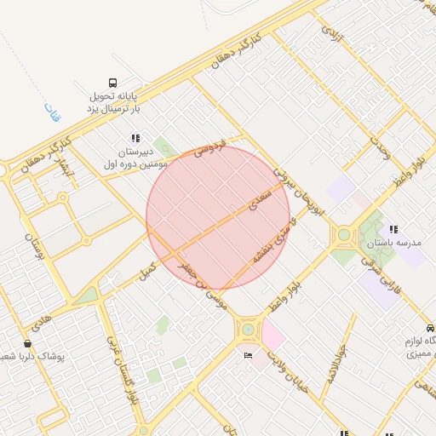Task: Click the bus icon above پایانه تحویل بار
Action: coord(114,83)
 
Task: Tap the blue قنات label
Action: coord(49,109)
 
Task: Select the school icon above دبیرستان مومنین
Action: coord(135,137)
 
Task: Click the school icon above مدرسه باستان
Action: coord(393,229)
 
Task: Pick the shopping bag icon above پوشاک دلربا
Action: coord(28,343)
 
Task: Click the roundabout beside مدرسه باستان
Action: coord(344,234)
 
